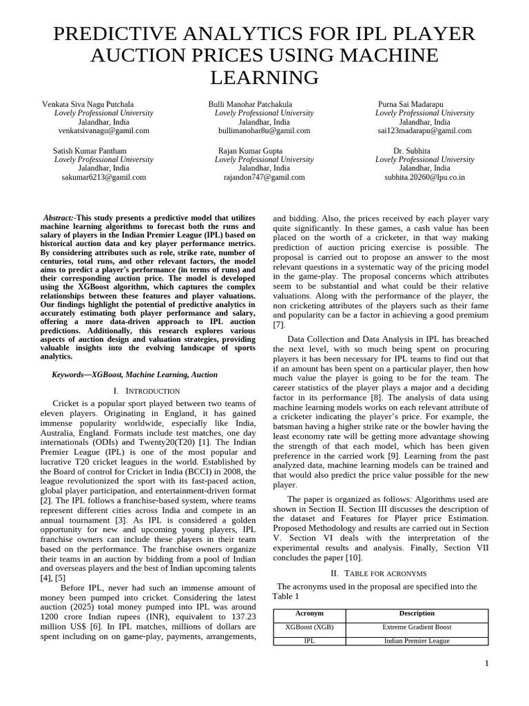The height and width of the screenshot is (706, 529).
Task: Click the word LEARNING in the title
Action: (x=264, y=78)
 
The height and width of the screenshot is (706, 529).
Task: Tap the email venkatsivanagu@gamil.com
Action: (x=103, y=130)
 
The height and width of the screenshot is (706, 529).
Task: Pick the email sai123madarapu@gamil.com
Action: (x=424, y=130)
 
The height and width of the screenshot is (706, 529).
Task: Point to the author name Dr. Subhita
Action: (x=412, y=150)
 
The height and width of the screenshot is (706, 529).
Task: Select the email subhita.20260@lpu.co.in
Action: (x=424, y=176)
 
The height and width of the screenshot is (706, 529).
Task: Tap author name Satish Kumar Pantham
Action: (x=90, y=150)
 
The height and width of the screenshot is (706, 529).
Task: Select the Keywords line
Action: (x=134, y=374)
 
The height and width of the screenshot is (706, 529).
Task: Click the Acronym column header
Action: (x=309, y=613)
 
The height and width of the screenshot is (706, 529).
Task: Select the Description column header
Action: (x=417, y=613)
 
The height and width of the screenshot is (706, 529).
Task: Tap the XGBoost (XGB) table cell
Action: (x=309, y=627)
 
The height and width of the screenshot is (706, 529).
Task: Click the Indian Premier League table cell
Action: (x=417, y=641)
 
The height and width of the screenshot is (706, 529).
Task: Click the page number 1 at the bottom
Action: (x=486, y=663)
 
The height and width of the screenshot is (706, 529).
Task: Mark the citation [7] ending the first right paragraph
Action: (x=279, y=324)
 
